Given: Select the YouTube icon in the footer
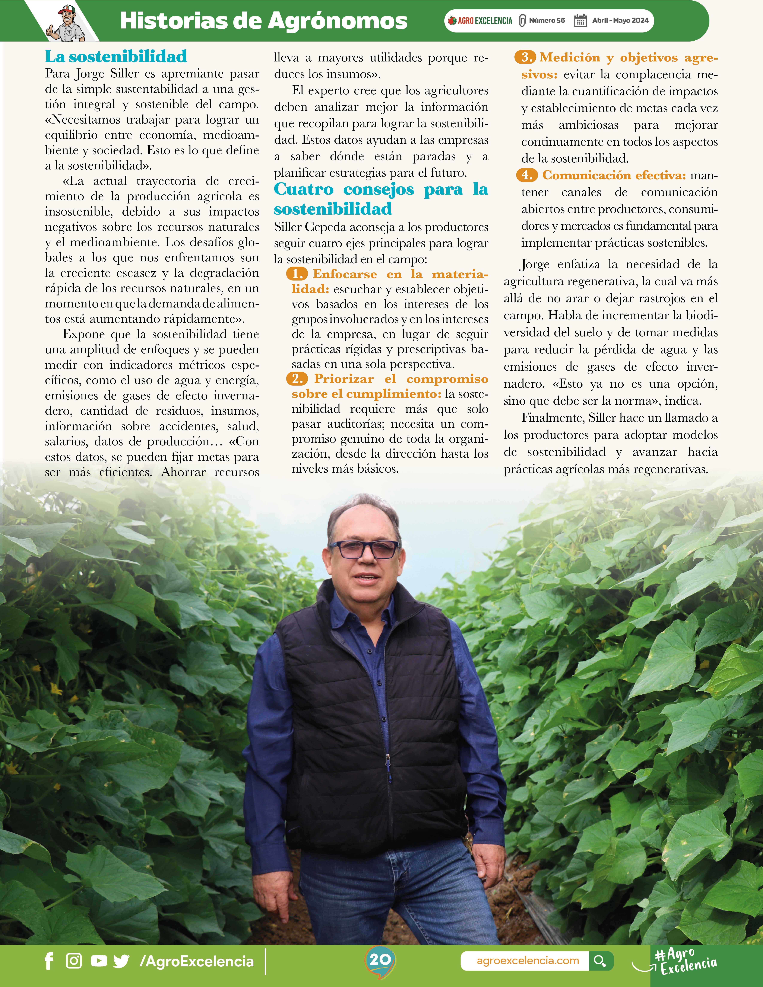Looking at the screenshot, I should pyautogui.click(x=99, y=961).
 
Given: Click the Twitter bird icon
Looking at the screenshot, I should pyautogui.click(x=121, y=961).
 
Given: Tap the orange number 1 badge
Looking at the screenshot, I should pyautogui.click(x=297, y=274).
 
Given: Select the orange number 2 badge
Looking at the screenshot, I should pyautogui.click(x=297, y=379).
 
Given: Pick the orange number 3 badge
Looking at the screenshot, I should pyautogui.click(x=525, y=57).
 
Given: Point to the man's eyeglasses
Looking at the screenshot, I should pyautogui.click(x=364, y=550).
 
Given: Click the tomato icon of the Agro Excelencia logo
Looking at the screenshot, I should pyautogui.click(x=452, y=20).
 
